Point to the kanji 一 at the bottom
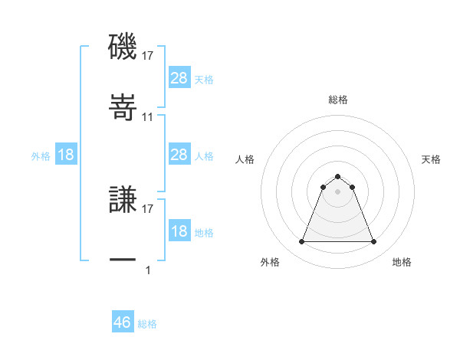click(x=123, y=260)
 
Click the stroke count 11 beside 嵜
click(x=148, y=117)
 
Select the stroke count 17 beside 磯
click(x=148, y=55)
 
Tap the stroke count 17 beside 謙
click(x=148, y=208)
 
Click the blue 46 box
click(x=123, y=322)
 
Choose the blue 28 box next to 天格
click(x=179, y=78)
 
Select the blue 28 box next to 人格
click(x=179, y=155)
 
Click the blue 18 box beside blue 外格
click(x=66, y=155)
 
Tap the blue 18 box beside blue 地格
click(x=179, y=231)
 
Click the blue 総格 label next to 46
click(x=147, y=324)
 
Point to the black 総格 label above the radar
click(x=338, y=100)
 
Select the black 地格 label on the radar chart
click(x=402, y=262)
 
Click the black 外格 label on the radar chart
click(x=270, y=262)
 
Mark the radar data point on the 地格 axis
click(x=374, y=242)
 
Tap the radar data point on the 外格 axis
click(x=301, y=242)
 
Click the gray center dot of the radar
click(x=338, y=191)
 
